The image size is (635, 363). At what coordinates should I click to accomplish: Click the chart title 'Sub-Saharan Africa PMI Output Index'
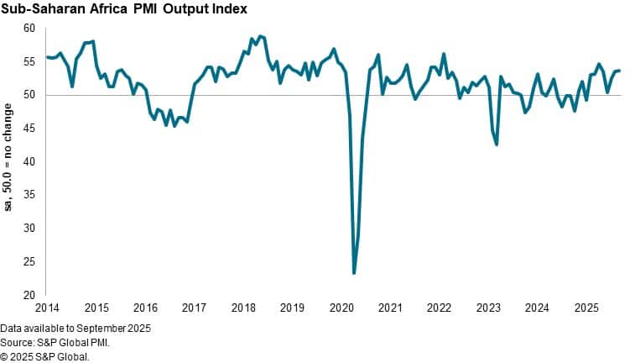123,9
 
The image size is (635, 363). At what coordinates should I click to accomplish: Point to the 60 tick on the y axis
29,29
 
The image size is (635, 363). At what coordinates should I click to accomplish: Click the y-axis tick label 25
29,261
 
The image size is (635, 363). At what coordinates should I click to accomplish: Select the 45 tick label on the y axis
29,129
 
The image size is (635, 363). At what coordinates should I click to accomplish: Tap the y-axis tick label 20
29,295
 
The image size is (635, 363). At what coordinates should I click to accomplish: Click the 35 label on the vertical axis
29,195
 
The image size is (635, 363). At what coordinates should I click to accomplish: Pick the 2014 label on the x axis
47,308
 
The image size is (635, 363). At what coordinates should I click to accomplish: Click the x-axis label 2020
341,308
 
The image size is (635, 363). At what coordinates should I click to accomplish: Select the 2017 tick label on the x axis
194,308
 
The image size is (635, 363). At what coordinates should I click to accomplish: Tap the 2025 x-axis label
586,308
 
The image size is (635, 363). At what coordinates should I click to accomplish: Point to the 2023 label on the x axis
487,308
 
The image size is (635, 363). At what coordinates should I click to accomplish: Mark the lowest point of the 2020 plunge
354,273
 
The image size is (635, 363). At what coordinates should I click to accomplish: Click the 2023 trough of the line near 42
497,145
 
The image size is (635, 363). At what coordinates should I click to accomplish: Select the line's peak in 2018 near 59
261,36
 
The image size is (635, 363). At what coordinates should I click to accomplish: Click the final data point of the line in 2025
619,71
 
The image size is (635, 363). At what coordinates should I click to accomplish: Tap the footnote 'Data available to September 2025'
75,327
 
